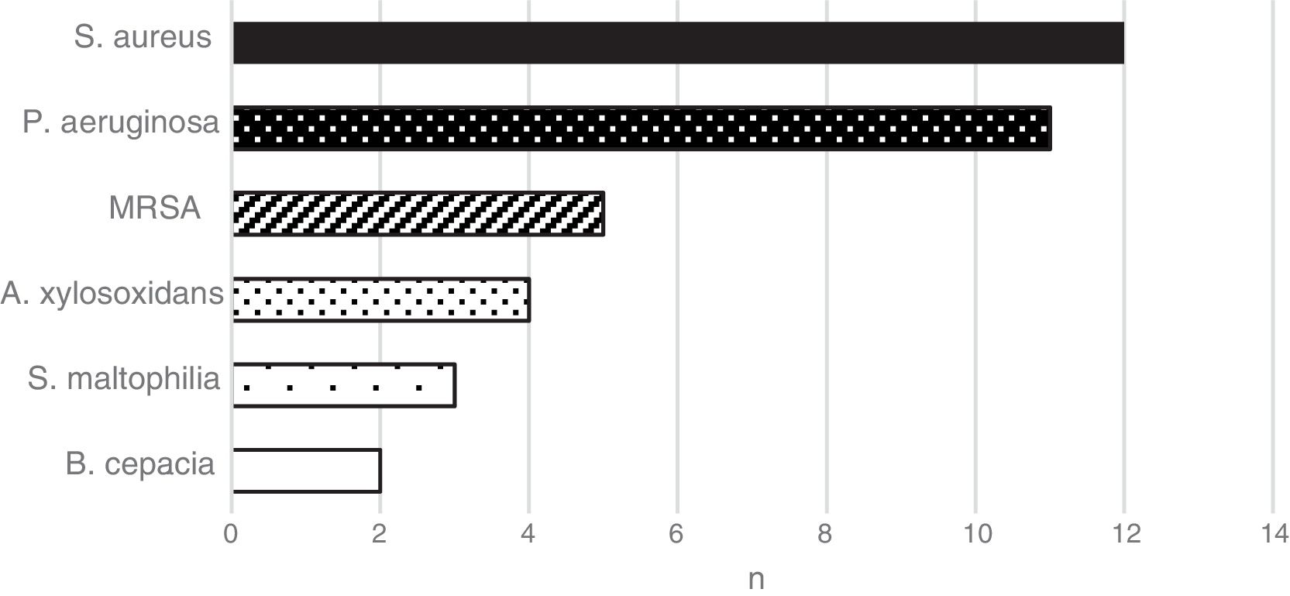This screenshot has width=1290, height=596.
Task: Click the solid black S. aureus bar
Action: [678, 43]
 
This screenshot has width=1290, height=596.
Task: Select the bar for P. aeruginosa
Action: [642, 129]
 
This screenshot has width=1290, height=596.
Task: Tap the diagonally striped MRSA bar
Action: [418, 214]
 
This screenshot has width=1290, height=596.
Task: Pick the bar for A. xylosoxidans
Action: [381, 299]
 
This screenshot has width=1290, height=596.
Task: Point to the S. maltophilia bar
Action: [344, 384]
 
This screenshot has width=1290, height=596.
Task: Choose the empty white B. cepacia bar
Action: [307, 470]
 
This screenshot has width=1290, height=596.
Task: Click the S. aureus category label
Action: [143, 37]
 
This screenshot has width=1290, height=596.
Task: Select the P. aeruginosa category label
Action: [121, 122]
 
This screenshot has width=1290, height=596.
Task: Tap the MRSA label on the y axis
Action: [154, 208]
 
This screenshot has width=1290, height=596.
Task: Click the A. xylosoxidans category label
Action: [112, 294]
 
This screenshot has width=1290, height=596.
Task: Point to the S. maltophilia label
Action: [124, 379]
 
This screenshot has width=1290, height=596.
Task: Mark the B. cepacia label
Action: [140, 464]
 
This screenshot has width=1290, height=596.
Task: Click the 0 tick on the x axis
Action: [231, 535]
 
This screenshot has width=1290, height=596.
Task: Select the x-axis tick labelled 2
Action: [380, 535]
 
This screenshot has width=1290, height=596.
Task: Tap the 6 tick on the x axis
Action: [677, 535]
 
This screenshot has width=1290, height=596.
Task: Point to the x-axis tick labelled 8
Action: [826, 535]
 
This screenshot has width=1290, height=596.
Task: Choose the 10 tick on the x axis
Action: [975, 535]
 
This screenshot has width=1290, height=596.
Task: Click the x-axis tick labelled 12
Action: [1123, 535]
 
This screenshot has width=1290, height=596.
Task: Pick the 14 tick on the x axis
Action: [1272, 535]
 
